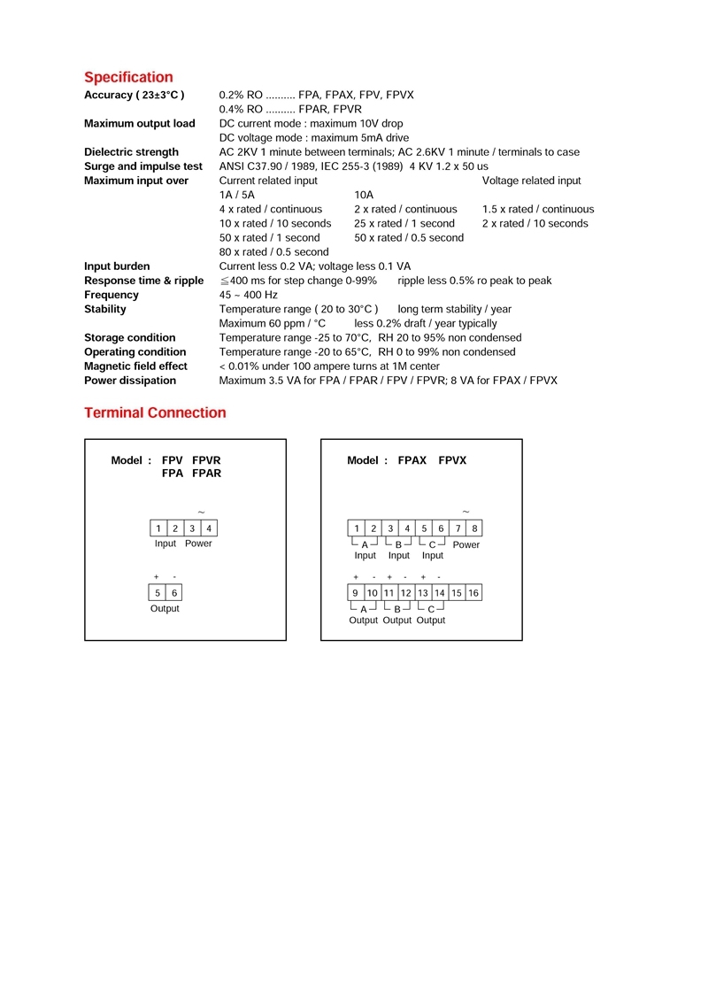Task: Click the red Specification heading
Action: [128, 77]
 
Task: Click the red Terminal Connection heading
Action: [155, 412]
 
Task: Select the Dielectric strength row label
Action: [131, 152]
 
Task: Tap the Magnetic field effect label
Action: [135, 366]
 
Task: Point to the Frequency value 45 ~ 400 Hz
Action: [248, 295]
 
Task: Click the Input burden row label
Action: [117, 266]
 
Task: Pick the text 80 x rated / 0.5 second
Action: [273, 252]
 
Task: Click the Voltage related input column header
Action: [531, 181]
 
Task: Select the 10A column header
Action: [364, 195]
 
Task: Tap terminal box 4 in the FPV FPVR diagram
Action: [209, 528]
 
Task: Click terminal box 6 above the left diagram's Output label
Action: [174, 593]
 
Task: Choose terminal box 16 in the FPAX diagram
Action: [473, 593]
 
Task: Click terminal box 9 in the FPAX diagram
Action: [355, 593]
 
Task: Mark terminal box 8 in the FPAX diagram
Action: [474, 528]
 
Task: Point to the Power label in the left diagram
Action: [198, 543]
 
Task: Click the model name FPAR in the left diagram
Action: [206, 474]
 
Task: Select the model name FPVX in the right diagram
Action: [452, 460]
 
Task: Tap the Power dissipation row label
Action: [130, 381]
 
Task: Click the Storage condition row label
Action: [129, 337]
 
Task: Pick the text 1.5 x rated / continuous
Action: [538, 209]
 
